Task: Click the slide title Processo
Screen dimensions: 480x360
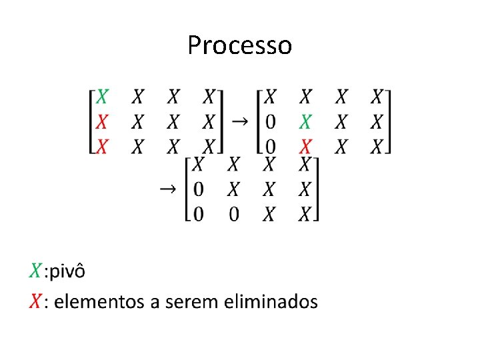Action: [239, 45]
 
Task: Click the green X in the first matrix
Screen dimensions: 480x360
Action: [101, 97]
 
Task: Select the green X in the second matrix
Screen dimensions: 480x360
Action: [305, 122]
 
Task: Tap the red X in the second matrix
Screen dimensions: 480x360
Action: [305, 146]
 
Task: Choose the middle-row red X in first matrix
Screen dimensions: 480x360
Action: [101, 122]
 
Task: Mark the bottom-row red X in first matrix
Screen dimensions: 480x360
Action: [101, 146]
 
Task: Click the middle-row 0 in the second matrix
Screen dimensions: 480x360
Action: [270, 122]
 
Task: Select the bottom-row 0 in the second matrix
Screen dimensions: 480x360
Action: [270, 146]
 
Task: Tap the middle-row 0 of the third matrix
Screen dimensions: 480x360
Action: [198, 189]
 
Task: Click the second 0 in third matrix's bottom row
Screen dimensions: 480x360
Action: [233, 213]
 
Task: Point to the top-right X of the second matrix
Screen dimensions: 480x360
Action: [377, 97]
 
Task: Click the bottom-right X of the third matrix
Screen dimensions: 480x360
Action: [305, 213]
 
